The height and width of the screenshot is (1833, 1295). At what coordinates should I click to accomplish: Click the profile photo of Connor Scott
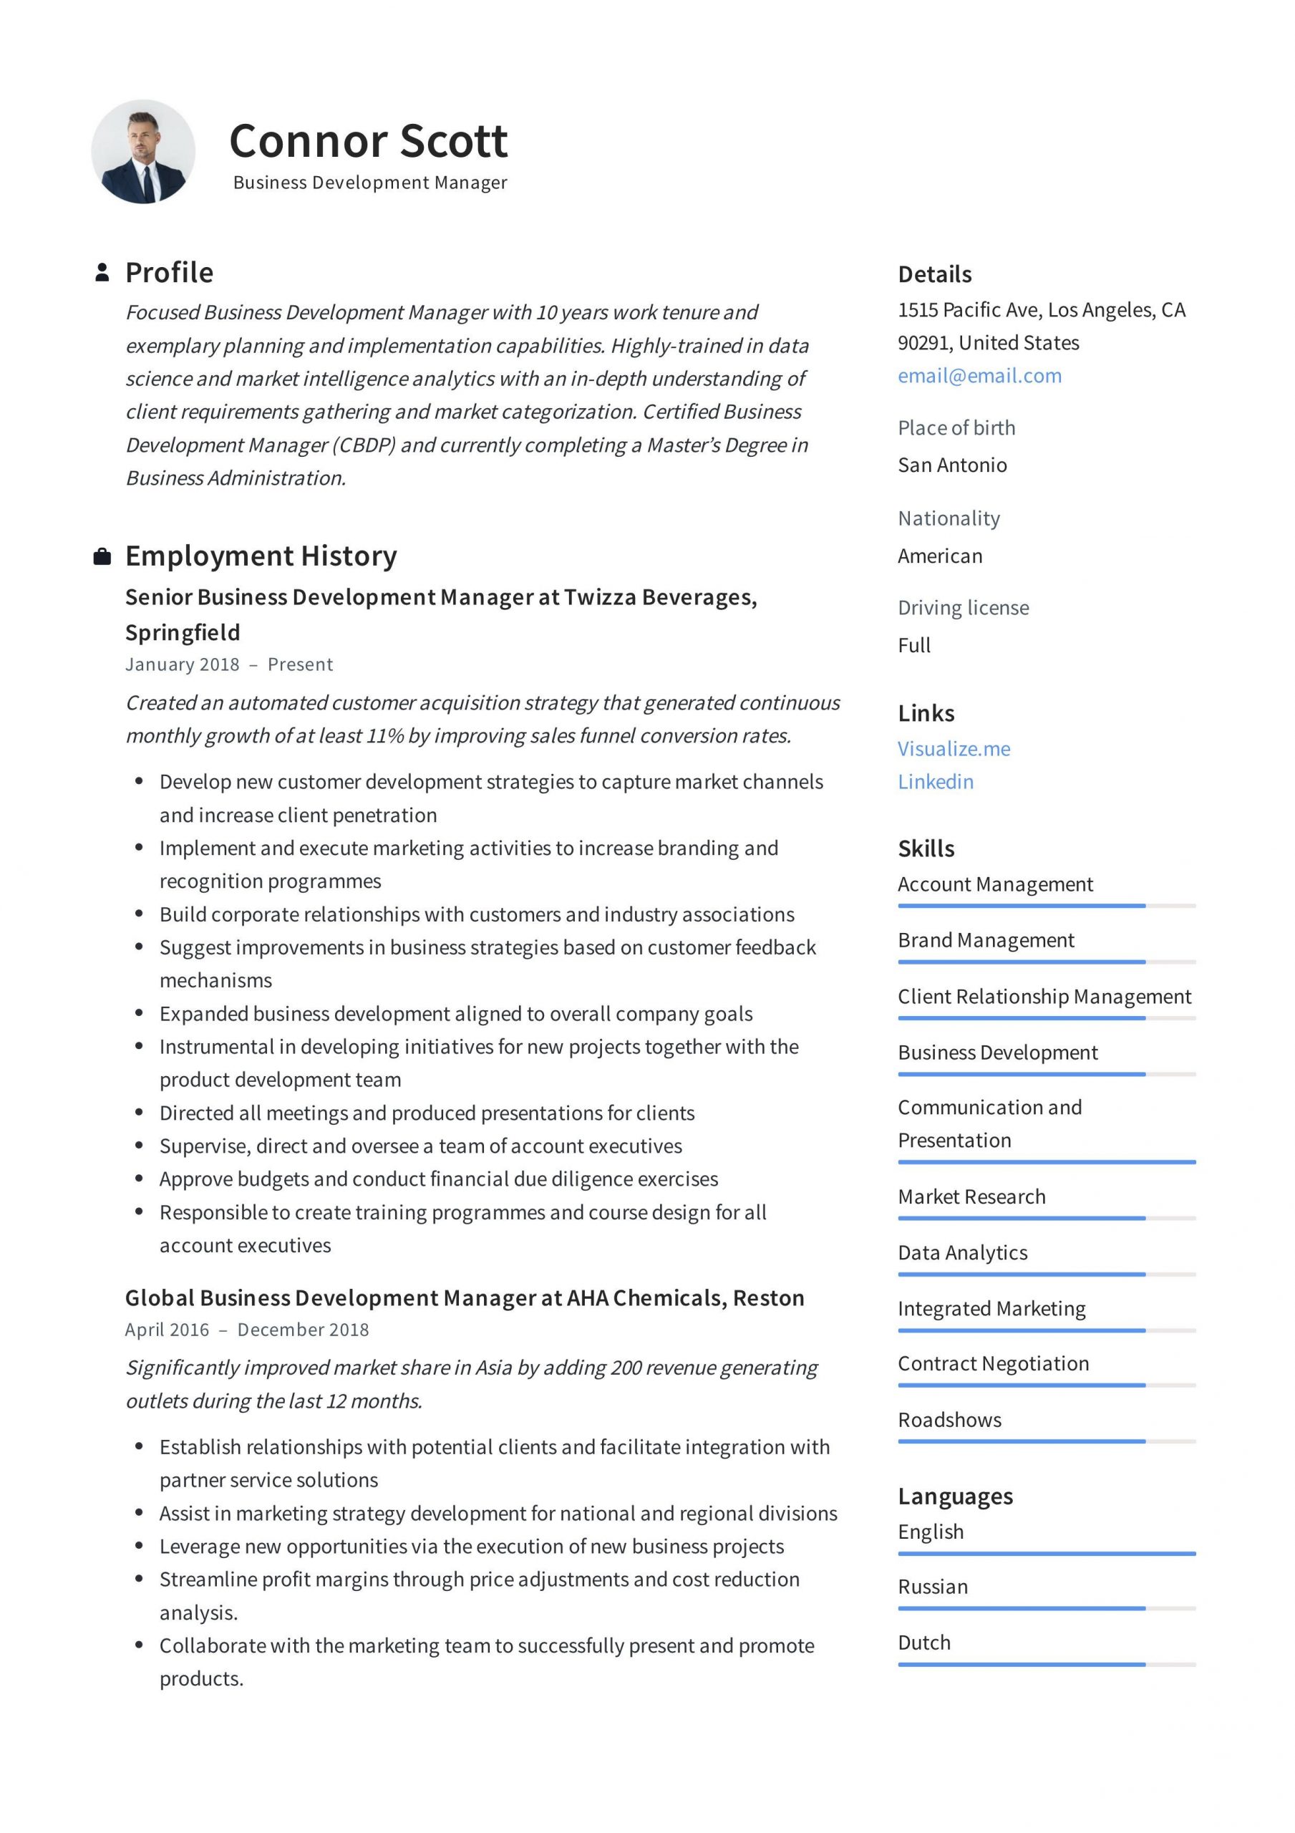tap(143, 152)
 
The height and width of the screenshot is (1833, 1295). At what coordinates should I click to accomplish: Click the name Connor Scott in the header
tap(368, 141)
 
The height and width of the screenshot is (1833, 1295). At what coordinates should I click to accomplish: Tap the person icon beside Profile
tap(102, 272)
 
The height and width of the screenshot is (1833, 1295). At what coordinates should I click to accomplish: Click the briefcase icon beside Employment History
tap(102, 556)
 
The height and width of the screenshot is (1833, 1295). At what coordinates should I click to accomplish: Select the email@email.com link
tap(979, 376)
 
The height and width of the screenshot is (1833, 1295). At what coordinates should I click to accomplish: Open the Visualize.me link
tap(954, 749)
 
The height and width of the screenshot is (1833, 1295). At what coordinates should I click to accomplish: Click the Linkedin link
tap(935, 782)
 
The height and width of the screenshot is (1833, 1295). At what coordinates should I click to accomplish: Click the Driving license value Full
tap(913, 645)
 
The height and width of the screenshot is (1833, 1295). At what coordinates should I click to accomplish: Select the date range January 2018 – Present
tap(228, 664)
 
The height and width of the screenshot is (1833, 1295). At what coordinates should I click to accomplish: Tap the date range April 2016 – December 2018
tap(247, 1329)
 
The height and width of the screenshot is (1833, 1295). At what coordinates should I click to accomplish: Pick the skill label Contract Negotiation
tap(992, 1363)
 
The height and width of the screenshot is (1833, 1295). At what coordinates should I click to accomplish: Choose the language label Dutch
tap(923, 1643)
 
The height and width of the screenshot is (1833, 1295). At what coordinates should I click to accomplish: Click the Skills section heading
tap(926, 848)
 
